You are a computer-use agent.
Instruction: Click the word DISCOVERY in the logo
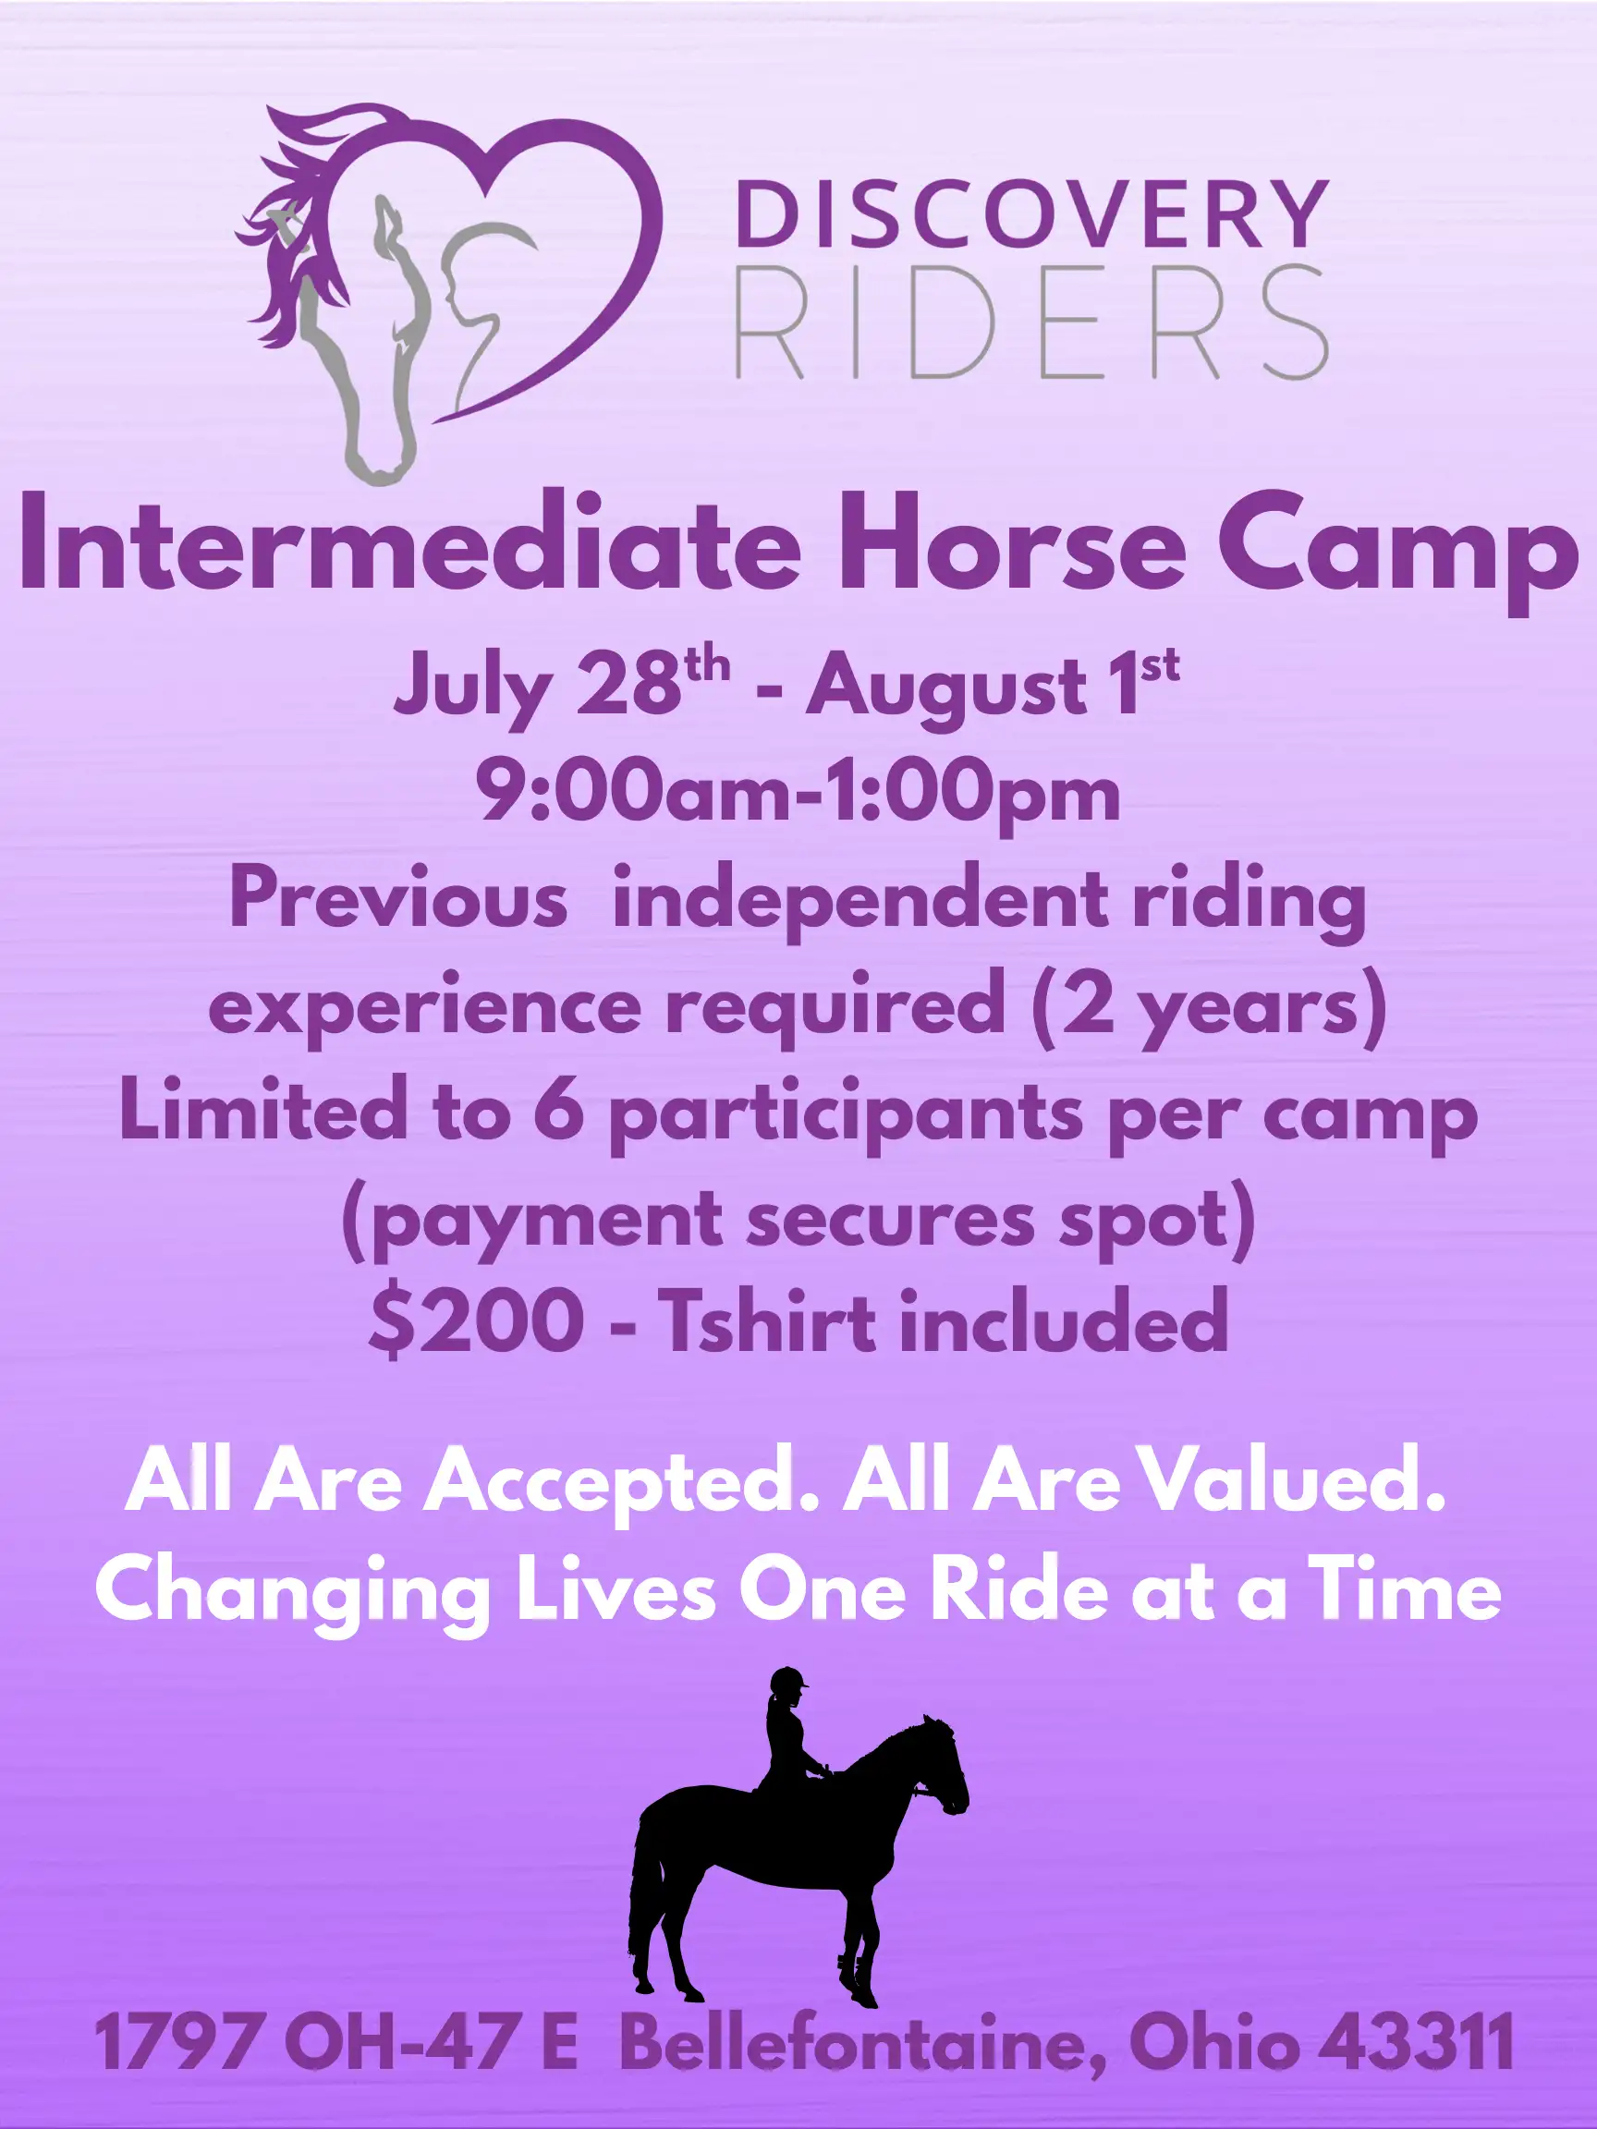(x=1032, y=213)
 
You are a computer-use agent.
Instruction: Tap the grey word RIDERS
(x=1032, y=322)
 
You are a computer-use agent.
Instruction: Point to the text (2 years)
(x=1208, y=1005)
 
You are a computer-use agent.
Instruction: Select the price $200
(x=476, y=1322)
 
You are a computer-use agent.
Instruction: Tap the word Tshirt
(x=768, y=1320)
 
